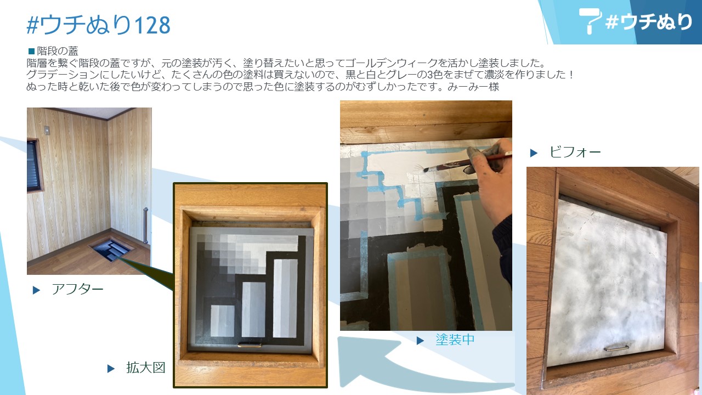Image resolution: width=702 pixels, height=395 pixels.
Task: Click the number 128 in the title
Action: point(152,25)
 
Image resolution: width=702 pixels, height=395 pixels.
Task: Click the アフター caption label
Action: point(77,289)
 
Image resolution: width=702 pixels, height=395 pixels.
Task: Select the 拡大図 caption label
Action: point(146,368)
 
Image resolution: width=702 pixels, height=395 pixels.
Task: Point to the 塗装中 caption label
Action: point(455,340)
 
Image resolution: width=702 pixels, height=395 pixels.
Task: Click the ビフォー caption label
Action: point(575,153)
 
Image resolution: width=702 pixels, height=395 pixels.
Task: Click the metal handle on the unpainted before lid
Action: point(616,348)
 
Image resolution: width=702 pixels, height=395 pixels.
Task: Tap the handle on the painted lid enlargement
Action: point(250,345)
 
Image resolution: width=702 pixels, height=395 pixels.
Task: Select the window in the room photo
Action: point(34,166)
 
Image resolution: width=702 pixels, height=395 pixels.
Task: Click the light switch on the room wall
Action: point(47,130)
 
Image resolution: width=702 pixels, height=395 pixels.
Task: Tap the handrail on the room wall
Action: point(145,225)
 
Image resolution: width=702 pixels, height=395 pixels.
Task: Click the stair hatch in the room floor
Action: point(111,250)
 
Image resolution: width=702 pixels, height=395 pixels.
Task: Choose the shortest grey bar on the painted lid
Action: point(222,321)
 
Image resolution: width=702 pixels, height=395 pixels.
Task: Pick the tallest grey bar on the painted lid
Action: point(285,298)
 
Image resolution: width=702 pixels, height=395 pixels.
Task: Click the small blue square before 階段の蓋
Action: point(31,51)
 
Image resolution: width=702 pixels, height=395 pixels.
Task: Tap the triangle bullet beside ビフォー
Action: point(534,153)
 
